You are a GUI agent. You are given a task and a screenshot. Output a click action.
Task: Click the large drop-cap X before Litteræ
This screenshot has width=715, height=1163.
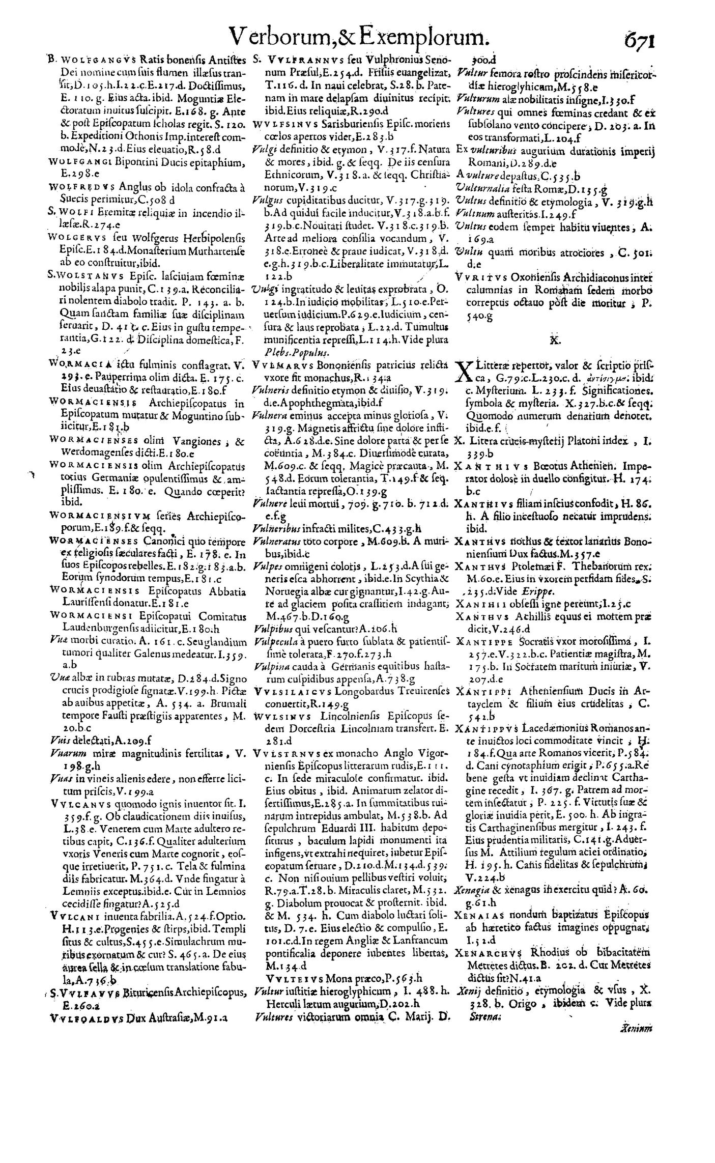coord(466,372)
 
